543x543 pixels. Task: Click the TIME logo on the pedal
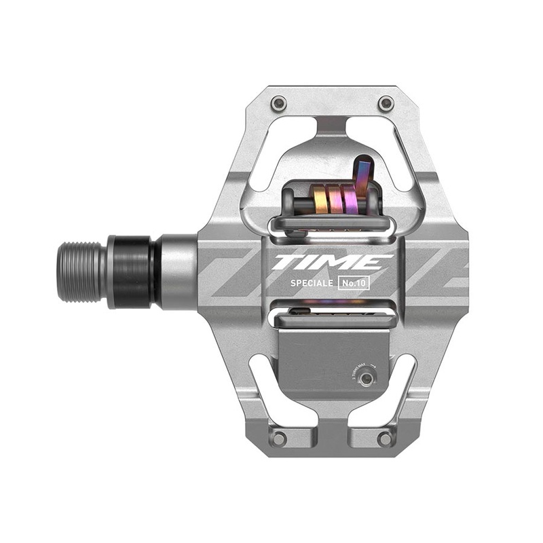coord(332,262)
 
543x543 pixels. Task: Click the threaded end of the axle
coord(81,271)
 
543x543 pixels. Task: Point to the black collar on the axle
coord(133,271)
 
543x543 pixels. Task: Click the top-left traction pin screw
coord(278,103)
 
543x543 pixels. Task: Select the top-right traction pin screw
coord(386,103)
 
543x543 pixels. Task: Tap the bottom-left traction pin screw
coord(278,438)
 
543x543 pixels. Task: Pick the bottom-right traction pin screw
coord(386,438)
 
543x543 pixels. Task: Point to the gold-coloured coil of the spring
coord(320,202)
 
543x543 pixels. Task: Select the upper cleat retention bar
coord(332,225)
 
